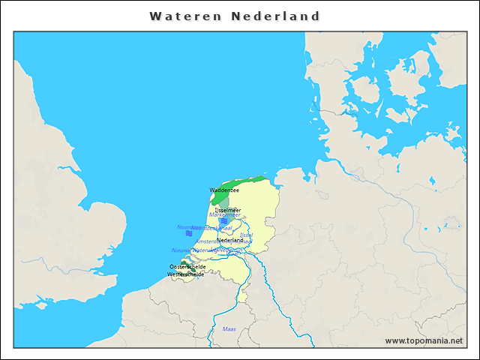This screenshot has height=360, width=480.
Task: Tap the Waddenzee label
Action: pos(224,190)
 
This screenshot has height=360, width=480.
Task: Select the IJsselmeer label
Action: pos(228,210)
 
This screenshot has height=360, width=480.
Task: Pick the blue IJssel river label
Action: pos(247,235)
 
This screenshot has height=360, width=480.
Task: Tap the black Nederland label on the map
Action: pos(230,240)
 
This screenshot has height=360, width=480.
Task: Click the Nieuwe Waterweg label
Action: pos(193,250)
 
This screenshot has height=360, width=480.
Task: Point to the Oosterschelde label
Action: pos(187,267)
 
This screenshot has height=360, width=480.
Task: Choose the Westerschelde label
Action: pos(185,274)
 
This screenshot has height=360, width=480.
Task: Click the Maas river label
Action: pos(229,329)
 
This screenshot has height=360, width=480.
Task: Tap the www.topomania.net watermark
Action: pos(424,340)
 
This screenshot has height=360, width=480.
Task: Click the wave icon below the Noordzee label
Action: pos(190,234)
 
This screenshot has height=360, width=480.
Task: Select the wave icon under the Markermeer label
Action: pos(224,221)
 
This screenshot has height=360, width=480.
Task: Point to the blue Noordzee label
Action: pos(184,227)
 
